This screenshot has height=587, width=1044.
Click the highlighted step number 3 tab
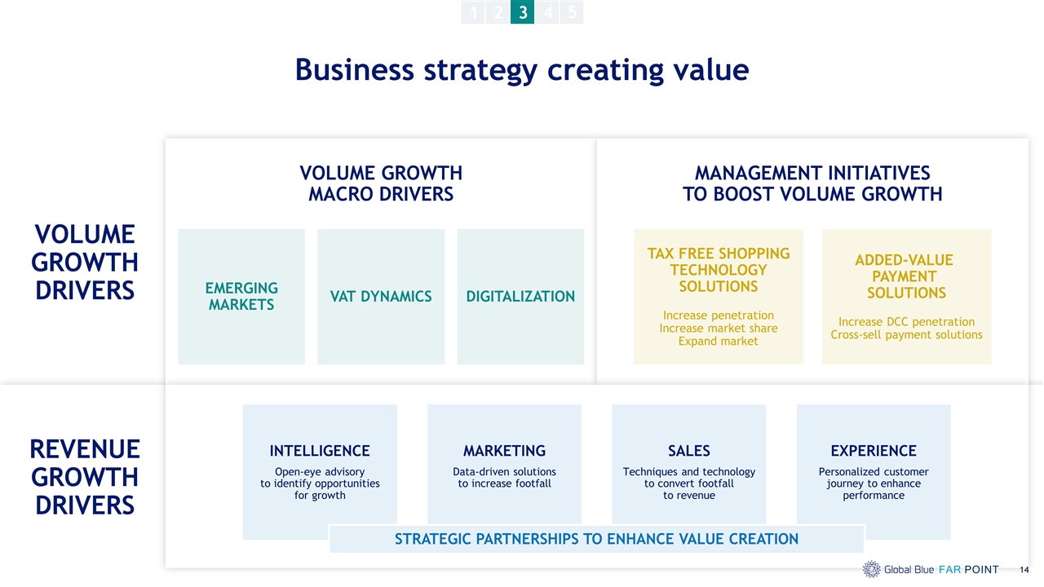523,11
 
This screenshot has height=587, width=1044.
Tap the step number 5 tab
572,11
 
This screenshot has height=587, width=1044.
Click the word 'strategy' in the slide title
480,71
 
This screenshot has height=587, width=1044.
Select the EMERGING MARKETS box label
241,296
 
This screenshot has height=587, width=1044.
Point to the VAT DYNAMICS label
381,296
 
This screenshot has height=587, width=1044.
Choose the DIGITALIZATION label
520,296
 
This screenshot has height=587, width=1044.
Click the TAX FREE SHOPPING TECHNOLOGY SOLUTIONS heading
719,270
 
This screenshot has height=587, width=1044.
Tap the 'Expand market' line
719,342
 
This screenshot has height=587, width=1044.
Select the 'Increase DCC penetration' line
906,322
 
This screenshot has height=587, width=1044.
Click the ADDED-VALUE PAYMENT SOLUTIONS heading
905,276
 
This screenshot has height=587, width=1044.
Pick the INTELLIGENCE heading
320,451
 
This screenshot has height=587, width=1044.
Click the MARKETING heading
504,451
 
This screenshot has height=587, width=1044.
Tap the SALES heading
689,451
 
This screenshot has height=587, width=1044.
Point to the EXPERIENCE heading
874,451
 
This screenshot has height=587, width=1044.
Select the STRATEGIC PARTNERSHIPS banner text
596,539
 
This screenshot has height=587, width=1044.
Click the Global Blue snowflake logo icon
872,569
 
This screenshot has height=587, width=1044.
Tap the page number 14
1024,570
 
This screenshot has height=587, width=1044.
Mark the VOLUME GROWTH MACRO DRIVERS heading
381,183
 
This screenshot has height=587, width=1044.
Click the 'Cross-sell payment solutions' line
906,335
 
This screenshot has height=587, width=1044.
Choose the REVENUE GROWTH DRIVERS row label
85,477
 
